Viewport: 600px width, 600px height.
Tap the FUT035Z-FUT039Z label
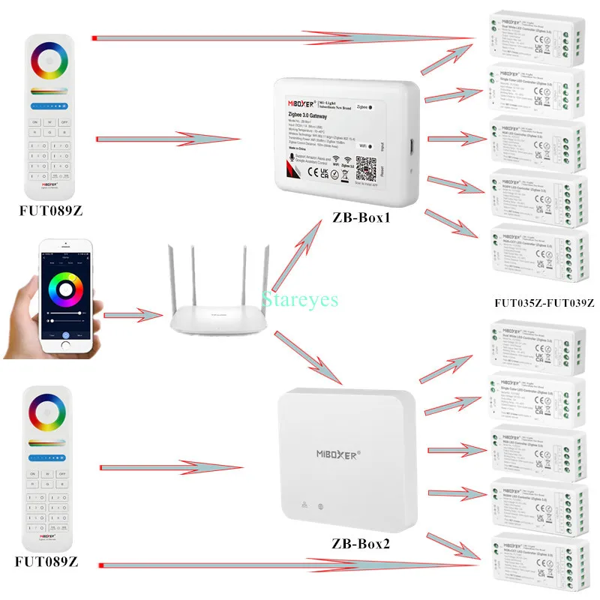[x=544, y=303]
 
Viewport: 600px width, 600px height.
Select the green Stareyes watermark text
[x=300, y=300]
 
